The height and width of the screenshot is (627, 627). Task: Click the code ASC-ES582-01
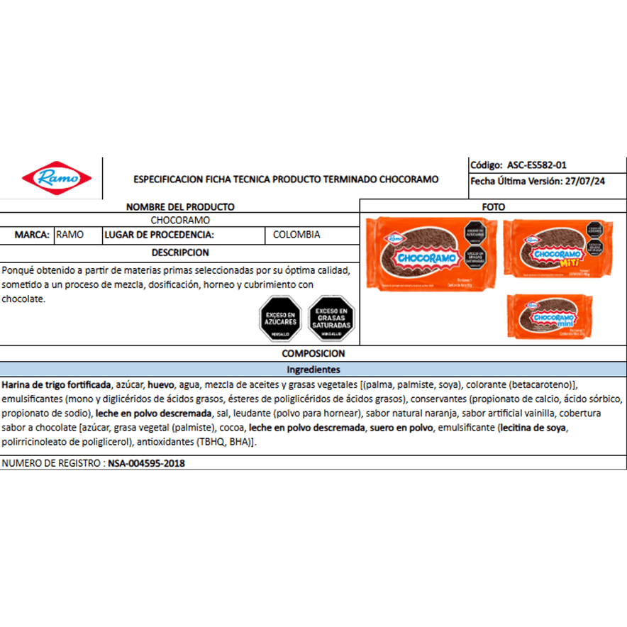[536, 165]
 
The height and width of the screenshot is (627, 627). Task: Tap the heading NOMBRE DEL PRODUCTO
[180, 206]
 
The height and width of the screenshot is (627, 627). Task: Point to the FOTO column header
[493, 206]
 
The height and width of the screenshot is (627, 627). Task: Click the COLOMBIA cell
[296, 235]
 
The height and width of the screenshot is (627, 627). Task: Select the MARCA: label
[32, 235]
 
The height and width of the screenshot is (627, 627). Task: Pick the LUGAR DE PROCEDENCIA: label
[159, 235]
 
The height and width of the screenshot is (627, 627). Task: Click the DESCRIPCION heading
[180, 252]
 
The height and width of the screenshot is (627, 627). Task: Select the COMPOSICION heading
[313, 353]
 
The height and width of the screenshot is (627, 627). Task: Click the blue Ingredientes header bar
[313, 370]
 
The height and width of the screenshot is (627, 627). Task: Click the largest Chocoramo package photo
[430, 254]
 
